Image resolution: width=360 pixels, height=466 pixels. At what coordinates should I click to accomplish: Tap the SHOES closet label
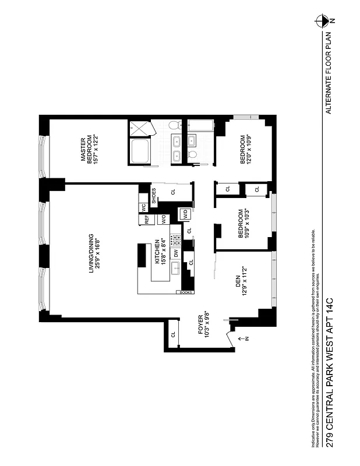click(x=154, y=196)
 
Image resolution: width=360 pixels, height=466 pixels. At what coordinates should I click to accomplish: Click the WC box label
click(x=143, y=207)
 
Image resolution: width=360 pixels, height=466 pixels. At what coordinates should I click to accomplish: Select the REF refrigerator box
click(x=147, y=220)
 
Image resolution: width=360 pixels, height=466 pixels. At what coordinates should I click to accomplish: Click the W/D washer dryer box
click(x=185, y=214)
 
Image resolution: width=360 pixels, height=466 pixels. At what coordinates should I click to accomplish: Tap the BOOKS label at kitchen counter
click(x=186, y=292)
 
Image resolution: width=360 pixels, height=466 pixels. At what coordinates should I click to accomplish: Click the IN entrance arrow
click(x=245, y=339)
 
